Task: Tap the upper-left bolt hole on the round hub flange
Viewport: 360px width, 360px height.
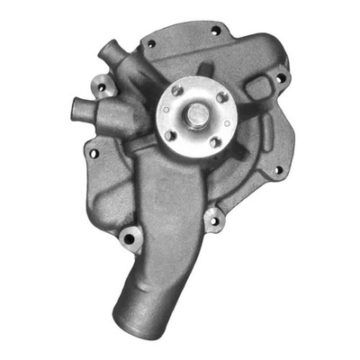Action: pos(175,92)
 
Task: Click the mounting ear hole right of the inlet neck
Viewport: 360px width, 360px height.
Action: pos(211,218)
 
